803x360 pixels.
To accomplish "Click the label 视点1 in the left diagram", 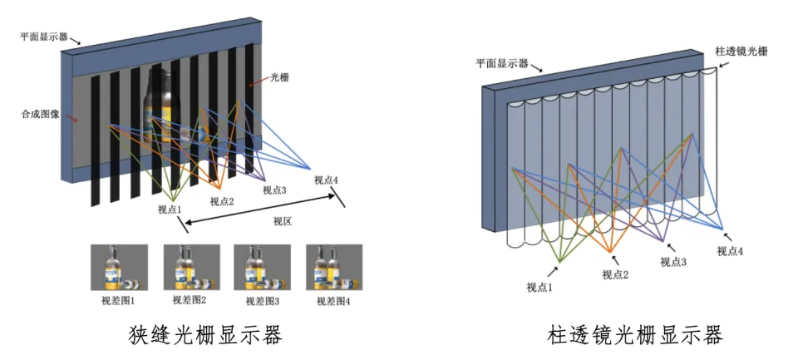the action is pos(171,210).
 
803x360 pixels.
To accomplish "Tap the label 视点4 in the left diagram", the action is pos(326,180).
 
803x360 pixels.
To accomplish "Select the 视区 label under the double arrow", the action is pos(282,221).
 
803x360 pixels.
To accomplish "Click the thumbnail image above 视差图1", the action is pos(120,268).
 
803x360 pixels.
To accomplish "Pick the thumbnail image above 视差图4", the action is pos(334,268).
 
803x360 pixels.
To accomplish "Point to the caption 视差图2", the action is pos(190,300).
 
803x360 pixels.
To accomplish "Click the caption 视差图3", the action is pos(262,301).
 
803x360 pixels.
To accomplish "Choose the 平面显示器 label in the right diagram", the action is pos(502,63).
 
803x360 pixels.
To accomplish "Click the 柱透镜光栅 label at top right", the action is pos(741,51).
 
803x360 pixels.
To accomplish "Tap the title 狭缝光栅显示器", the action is pos(204,336).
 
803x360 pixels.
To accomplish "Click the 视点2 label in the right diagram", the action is pos(615,274).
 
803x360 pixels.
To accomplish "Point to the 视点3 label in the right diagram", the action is pos(673,262).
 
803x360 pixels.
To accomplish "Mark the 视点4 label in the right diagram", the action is pos(730,251).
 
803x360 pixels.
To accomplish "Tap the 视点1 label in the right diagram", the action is pos(539,288).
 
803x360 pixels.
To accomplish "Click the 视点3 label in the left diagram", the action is pos(274,190).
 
